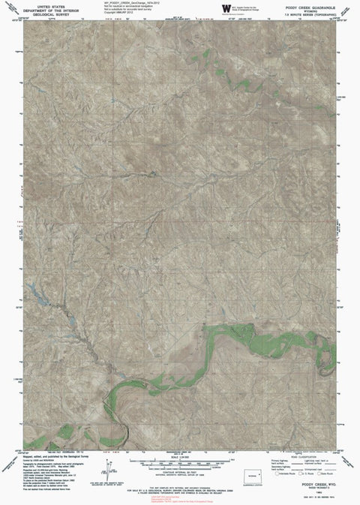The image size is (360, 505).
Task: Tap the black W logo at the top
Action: tap(226, 8)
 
